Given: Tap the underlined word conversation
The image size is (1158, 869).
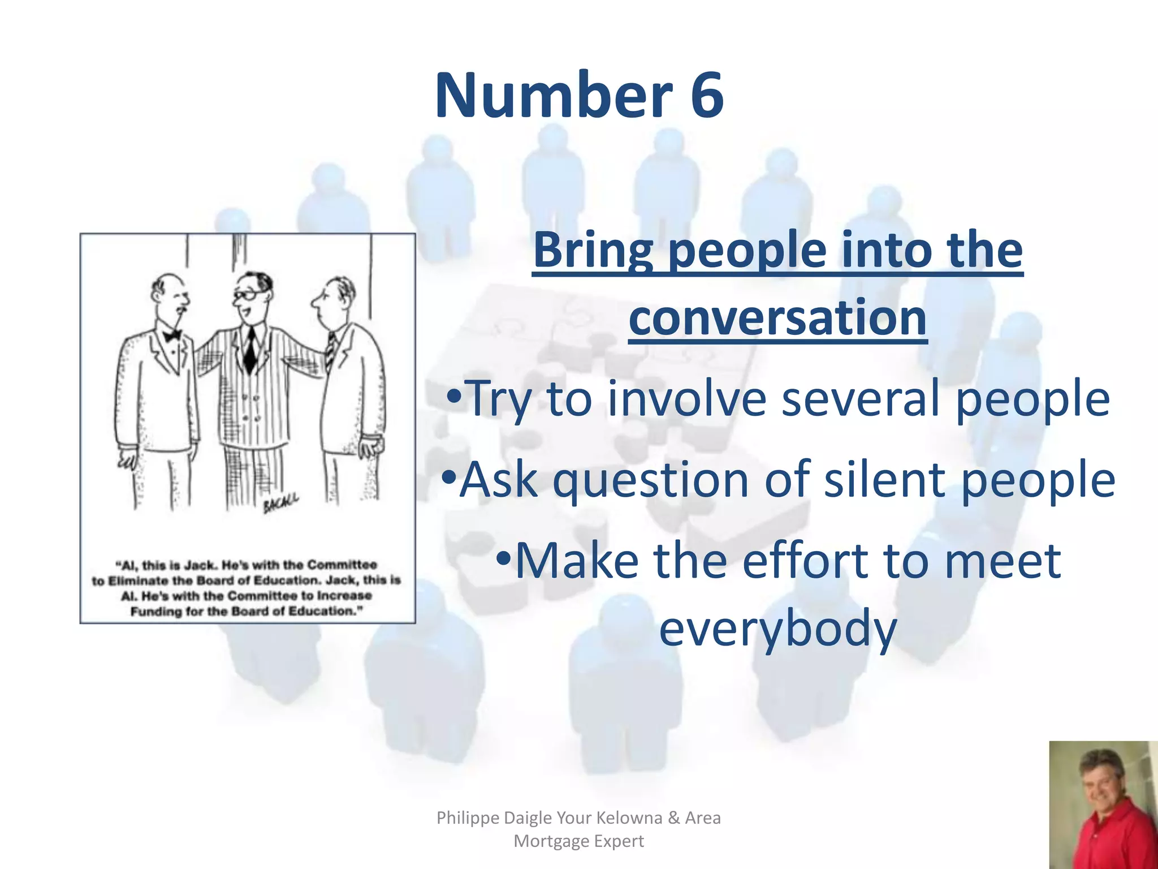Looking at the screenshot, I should (x=777, y=317).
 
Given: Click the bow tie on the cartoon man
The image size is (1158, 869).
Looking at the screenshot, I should (x=172, y=335).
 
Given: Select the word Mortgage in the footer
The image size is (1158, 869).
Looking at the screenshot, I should (x=548, y=841).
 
